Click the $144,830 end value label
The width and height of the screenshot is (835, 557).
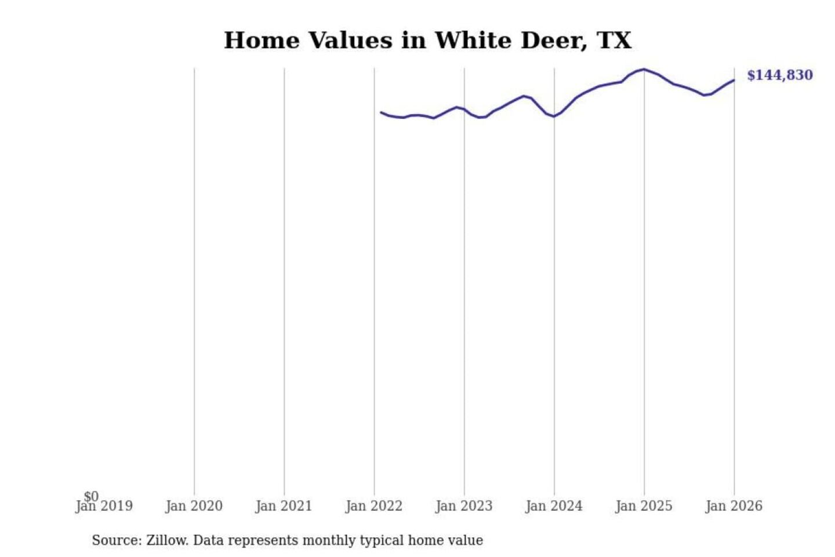click(779, 75)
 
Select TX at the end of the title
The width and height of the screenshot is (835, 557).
click(613, 41)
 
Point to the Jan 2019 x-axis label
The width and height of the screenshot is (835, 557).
click(104, 506)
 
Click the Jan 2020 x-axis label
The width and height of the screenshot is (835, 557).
click(194, 506)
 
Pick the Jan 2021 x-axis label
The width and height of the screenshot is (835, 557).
click(284, 506)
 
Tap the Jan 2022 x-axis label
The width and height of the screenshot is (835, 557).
click(374, 506)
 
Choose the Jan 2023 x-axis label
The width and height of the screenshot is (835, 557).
click(464, 506)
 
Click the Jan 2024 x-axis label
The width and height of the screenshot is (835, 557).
click(554, 506)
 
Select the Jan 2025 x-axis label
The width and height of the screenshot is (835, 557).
click(644, 506)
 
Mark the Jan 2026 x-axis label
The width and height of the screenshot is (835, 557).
click(734, 506)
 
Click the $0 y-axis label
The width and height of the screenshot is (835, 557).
click(91, 497)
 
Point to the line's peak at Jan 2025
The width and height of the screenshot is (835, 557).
click(644, 69)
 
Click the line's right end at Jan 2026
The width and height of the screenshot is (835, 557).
click(734, 80)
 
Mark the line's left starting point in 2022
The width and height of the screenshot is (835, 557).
click(381, 112)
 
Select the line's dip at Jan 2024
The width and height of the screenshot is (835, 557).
click(554, 117)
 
